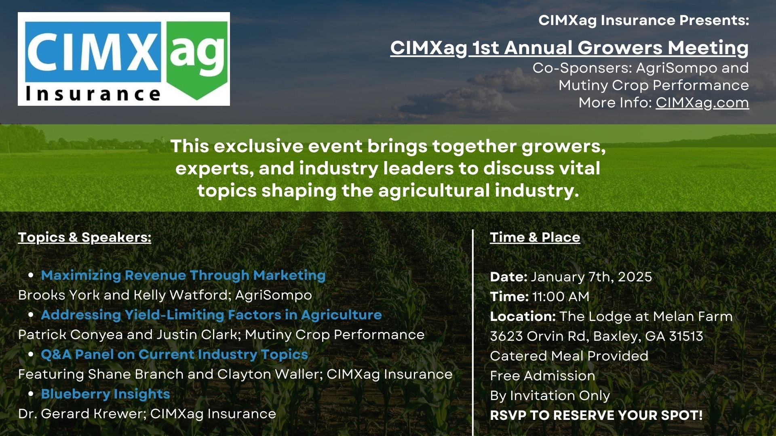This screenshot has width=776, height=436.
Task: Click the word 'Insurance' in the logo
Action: coord(93,94)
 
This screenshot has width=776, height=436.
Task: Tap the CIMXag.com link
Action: coord(702,103)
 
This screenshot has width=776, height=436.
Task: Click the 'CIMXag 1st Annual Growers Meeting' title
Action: coord(569,48)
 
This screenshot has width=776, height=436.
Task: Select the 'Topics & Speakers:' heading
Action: coord(84,237)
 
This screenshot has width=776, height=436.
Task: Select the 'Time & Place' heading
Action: coord(535,237)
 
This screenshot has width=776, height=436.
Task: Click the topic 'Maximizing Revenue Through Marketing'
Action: coord(183,275)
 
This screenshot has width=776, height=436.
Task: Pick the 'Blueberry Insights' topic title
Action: coord(105,394)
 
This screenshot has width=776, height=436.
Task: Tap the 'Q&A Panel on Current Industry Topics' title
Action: coord(174,354)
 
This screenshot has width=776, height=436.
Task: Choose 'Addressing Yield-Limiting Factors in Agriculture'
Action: coord(211,315)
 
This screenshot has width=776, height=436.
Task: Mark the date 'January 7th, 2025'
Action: coord(591,277)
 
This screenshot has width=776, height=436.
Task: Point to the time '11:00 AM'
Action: coord(561,297)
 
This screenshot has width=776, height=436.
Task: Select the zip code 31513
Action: coord(686,336)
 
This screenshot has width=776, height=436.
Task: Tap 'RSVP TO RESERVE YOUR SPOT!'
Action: coord(596,415)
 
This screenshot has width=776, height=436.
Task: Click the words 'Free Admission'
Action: coord(542,376)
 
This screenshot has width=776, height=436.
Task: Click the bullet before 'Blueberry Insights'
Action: coord(31,394)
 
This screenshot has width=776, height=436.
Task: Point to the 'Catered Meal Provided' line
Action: coord(569,356)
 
